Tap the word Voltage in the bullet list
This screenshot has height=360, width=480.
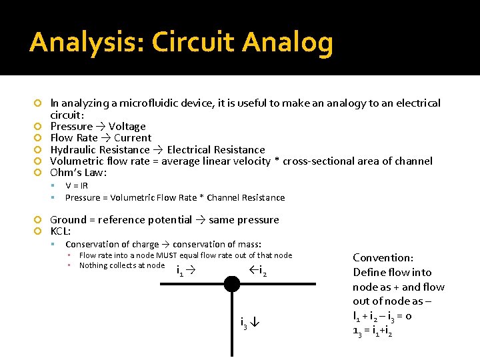point(127,127)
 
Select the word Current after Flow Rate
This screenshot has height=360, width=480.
point(133,138)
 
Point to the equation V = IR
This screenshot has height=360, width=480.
point(77,186)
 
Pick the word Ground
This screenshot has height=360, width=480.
point(68,220)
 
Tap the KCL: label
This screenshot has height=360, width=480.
point(61,231)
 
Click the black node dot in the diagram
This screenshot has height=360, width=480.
point(231,284)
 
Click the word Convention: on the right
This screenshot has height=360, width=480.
point(383,258)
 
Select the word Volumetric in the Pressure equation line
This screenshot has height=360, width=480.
point(129,198)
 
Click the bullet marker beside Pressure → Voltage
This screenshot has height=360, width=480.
point(39,127)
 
